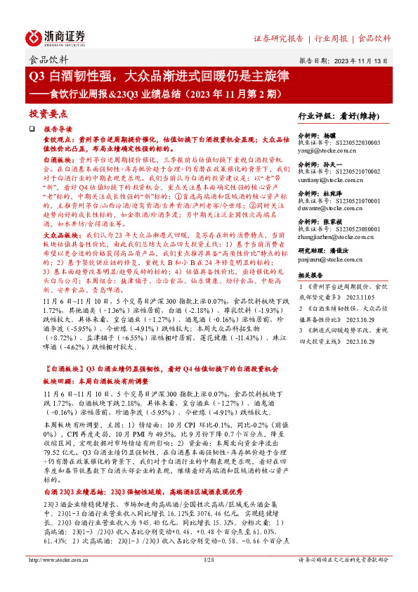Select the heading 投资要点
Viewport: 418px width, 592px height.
pos(48,113)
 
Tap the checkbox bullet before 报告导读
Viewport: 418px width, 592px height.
pos(32,130)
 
